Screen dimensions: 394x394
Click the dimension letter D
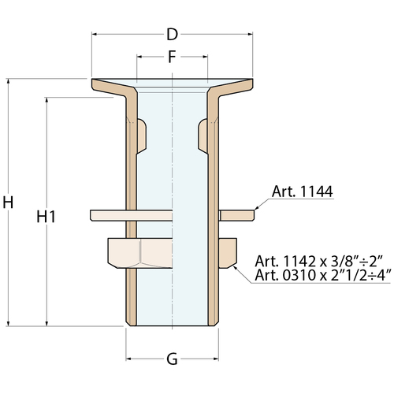coord(173,35)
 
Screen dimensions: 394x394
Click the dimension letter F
coord(172,57)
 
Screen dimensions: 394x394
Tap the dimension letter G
coord(172,359)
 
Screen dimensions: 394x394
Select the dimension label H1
coord(46,217)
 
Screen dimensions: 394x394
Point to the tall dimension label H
coord(8,203)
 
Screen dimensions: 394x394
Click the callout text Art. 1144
coord(303,191)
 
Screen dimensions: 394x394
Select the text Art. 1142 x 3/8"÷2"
coord(320,261)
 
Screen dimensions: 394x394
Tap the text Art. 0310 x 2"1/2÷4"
coord(323,275)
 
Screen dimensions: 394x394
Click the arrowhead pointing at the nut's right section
coord(236,268)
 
